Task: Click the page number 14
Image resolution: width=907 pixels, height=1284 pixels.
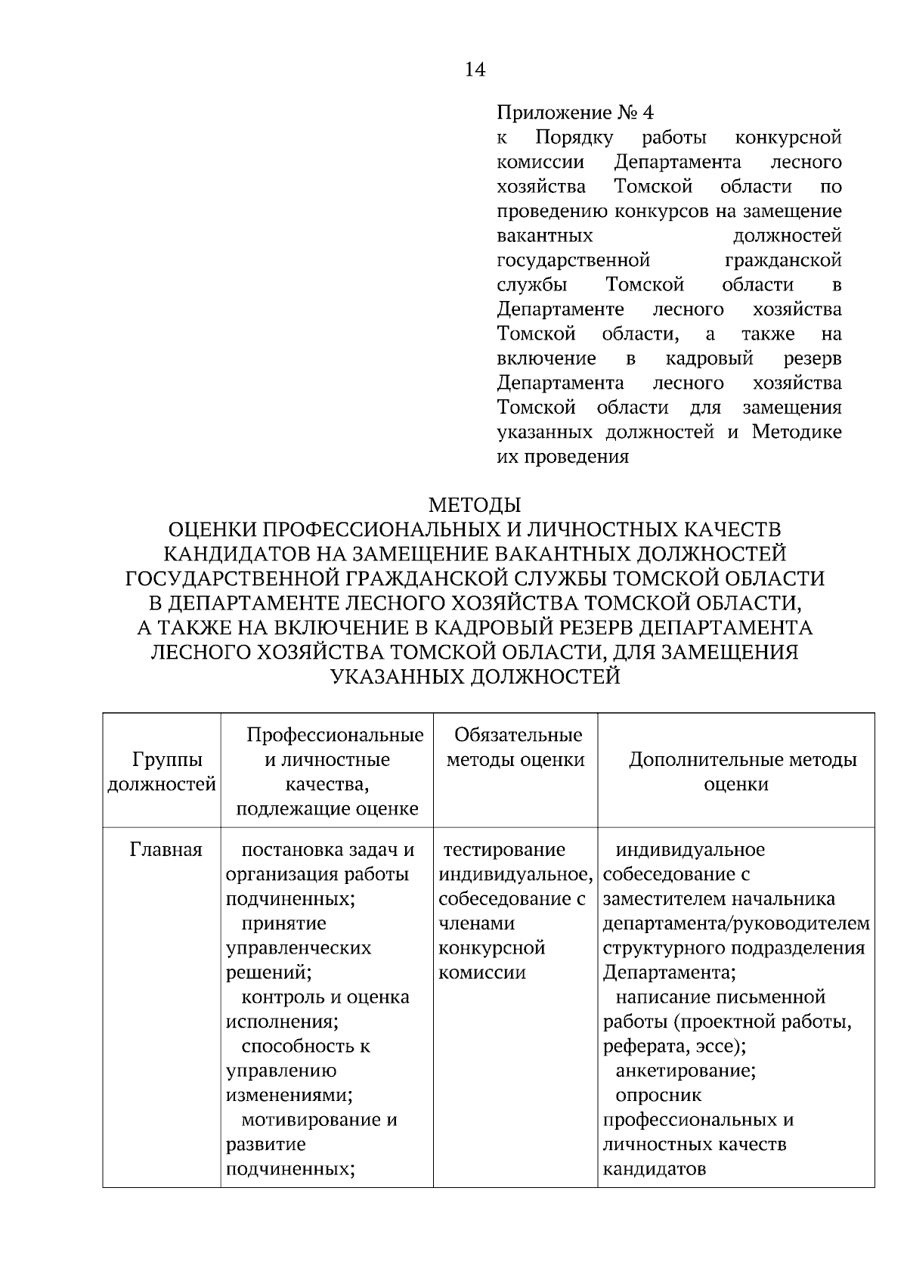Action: click(475, 70)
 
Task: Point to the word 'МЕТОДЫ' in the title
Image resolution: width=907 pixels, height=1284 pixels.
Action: click(475, 504)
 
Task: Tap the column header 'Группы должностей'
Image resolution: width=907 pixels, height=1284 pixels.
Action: click(162, 772)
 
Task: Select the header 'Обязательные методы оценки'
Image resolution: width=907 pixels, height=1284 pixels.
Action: click(515, 748)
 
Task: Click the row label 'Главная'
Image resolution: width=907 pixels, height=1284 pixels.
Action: click(166, 850)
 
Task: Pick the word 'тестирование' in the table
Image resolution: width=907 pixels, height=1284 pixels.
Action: click(504, 850)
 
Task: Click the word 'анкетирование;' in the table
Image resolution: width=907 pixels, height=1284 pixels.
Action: click(686, 1071)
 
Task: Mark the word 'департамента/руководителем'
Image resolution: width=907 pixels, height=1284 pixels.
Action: click(736, 923)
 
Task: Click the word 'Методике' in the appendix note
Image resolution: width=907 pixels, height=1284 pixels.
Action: click(797, 433)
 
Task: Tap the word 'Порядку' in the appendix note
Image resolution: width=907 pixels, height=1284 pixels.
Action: click(574, 138)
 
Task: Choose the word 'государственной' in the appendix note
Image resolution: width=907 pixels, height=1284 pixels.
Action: click(574, 261)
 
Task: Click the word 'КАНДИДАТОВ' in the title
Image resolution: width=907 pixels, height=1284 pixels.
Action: click(241, 554)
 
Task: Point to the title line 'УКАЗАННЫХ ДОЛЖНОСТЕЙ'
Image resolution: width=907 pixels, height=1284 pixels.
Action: click(475, 677)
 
